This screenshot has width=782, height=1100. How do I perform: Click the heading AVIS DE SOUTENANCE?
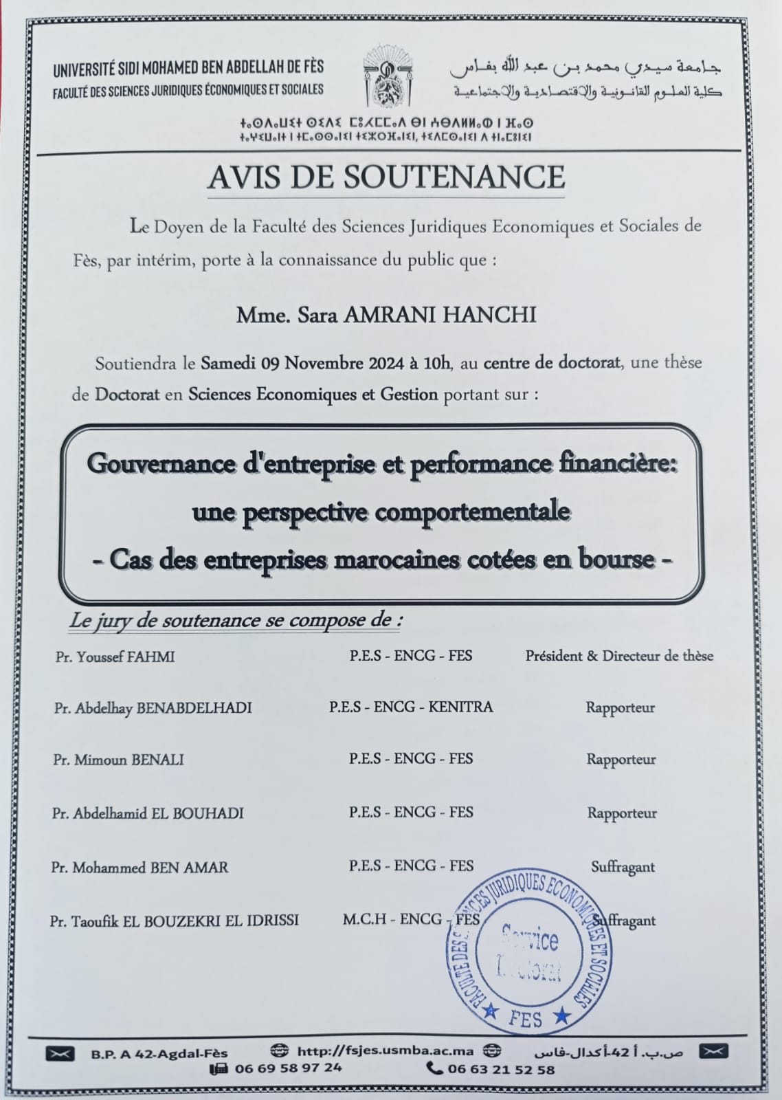coord(386,177)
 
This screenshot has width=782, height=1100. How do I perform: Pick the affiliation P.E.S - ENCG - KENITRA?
coord(410,707)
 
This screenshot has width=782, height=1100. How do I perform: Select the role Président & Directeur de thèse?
coord(619,656)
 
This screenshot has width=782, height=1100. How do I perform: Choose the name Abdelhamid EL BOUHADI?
coord(148,813)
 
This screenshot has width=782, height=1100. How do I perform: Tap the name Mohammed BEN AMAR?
coord(139,867)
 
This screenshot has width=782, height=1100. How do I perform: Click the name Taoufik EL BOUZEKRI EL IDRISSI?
coord(174,921)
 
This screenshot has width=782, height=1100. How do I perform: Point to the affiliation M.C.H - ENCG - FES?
coord(410,920)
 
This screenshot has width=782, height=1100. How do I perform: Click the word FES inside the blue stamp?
coord(526,1018)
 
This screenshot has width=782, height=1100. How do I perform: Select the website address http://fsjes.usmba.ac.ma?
coord(384,1050)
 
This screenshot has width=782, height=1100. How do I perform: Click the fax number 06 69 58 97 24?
coord(287,1068)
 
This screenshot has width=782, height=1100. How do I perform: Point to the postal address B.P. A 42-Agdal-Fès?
coord(159,1053)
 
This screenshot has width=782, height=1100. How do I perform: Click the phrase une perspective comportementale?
coord(381,511)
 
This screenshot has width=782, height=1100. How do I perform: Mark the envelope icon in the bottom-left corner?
coord(60,1053)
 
